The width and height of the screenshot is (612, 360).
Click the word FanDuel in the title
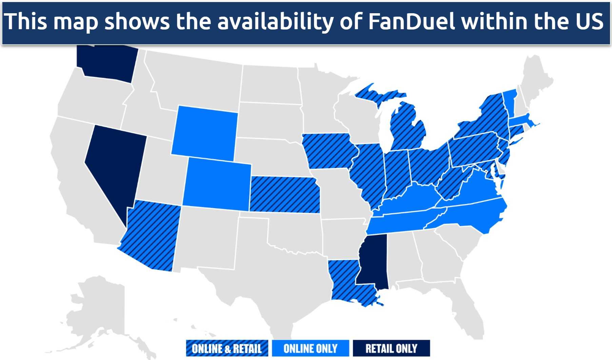point(411,21)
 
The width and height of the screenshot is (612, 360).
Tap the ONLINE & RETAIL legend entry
point(227,348)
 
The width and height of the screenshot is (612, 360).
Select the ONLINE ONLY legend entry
point(310,348)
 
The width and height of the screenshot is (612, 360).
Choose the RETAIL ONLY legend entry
point(391,348)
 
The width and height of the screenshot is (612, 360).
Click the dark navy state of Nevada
point(115,163)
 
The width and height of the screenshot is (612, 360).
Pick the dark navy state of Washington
point(107,63)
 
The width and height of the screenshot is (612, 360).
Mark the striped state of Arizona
point(151,234)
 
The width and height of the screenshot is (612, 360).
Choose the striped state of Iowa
point(329,151)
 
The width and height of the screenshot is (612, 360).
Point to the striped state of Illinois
point(368,173)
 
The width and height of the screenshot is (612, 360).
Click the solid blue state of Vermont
point(510,102)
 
